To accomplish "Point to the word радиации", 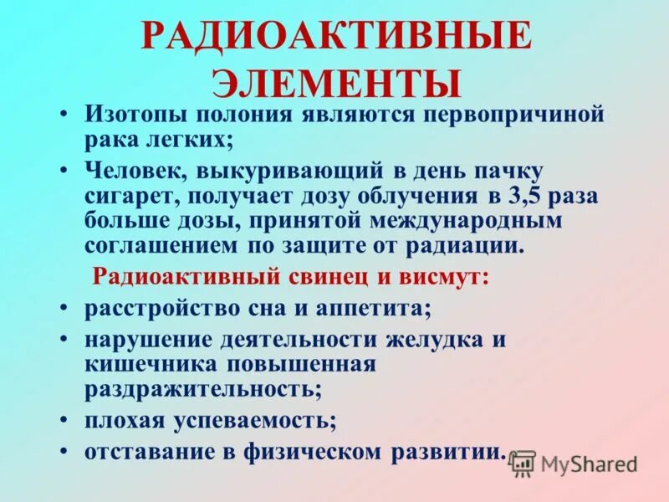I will click(470, 246).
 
